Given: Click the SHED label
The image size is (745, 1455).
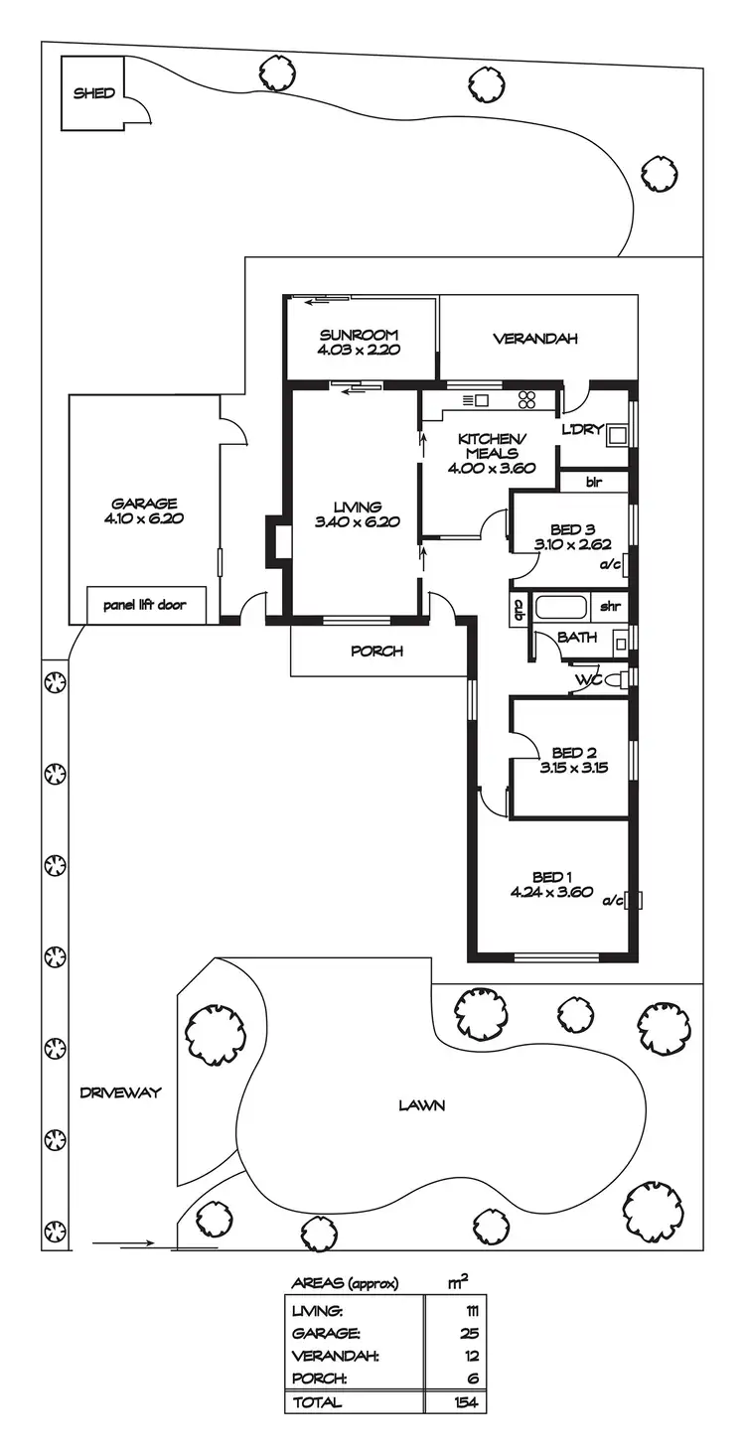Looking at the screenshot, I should coord(94,93).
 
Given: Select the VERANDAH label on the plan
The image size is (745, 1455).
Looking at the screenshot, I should coord(535,339).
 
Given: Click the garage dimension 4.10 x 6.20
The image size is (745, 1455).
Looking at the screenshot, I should coord(144,517).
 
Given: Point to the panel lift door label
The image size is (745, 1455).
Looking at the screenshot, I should coord(144,604).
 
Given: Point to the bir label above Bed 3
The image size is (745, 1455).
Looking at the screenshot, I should coord(594,483).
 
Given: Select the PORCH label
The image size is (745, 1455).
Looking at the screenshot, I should coord(376,652).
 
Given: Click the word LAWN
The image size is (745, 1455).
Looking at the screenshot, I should coord(421,1104).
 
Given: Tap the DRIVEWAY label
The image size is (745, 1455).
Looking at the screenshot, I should coord(120,1092).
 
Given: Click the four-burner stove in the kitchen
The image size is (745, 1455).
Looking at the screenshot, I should coord(527,399).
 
